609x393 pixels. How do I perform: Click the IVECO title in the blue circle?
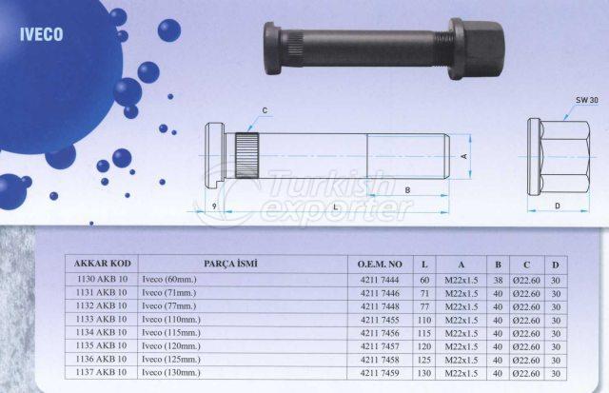(x=42, y=34)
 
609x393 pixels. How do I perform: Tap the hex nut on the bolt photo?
(x=477, y=49)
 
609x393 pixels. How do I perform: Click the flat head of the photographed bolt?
(x=271, y=49)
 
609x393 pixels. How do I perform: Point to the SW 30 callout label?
(x=586, y=100)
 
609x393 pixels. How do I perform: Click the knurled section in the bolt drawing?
(x=246, y=155)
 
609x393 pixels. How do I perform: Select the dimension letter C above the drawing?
(x=265, y=110)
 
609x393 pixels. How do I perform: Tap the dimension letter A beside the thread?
(x=464, y=156)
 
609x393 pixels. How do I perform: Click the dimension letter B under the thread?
(x=407, y=190)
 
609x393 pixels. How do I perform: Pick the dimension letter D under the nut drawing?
(x=558, y=206)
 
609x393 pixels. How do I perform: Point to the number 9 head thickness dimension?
(x=214, y=206)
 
